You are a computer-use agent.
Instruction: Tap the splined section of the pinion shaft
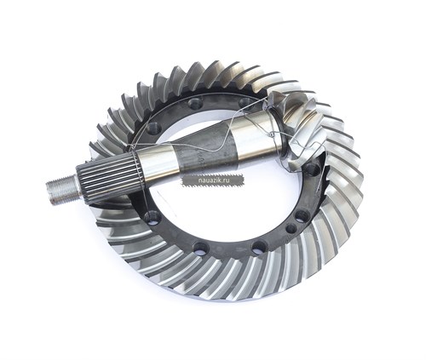click(x=110, y=178)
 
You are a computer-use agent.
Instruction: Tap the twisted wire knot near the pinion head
click(x=272, y=134)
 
